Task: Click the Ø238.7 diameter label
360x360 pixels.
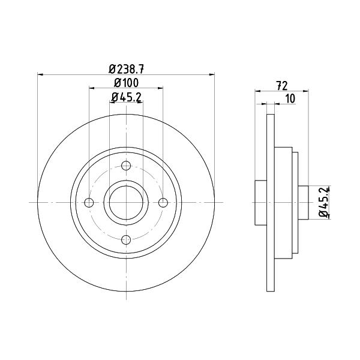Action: pyautogui.click(x=126, y=69)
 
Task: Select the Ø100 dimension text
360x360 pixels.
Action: pyautogui.click(x=126, y=83)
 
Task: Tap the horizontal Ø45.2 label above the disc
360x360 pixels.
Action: pyautogui.click(x=126, y=97)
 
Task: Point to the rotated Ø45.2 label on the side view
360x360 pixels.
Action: pyautogui.click(x=325, y=202)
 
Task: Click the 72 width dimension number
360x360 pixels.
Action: pyautogui.click(x=282, y=86)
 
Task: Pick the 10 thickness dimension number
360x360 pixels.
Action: pyautogui.click(x=290, y=99)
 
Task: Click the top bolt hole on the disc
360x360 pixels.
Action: pyautogui.click(x=126, y=166)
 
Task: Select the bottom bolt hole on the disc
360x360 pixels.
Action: pyautogui.click(x=126, y=239)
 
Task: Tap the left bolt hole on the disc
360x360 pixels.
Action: pyautogui.click(x=89, y=203)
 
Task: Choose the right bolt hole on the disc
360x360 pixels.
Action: pyautogui.click(x=163, y=203)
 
